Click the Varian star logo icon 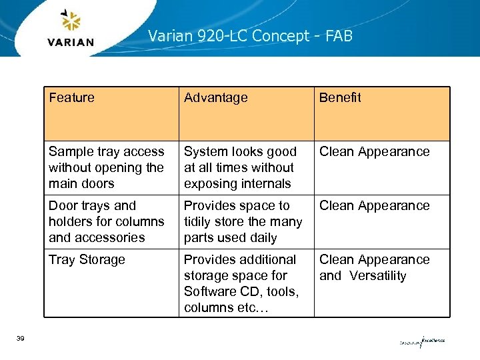71,21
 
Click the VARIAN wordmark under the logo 71,42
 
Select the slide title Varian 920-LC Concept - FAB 250,35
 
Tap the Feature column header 72,97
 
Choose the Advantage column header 215,97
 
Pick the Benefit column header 340,97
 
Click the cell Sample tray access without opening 106,167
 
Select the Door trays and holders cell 106,221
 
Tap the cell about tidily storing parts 243,221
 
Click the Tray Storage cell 87,259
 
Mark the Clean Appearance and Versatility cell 374,267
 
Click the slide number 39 21,339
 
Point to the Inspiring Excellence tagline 422,342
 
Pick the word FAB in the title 339,35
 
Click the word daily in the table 261,237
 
